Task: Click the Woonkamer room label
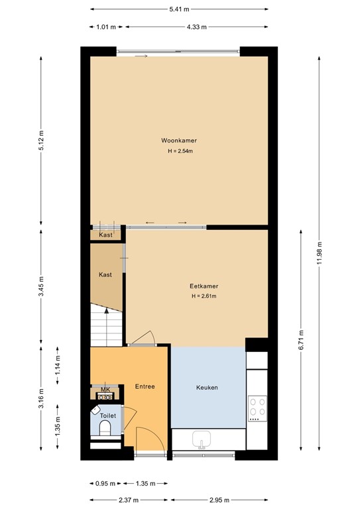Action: [x=179, y=141]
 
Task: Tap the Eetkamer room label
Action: [x=204, y=286]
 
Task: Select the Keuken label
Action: [x=207, y=388]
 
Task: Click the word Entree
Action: [x=145, y=386]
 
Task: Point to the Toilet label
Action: [x=108, y=416]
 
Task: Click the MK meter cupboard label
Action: [x=105, y=390]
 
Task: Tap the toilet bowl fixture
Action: [x=105, y=428]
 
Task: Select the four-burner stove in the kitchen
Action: [x=257, y=409]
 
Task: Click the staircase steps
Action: [x=105, y=328]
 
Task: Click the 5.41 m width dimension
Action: [x=179, y=9]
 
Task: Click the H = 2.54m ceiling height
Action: [x=179, y=151]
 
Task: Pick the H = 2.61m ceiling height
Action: [x=204, y=296]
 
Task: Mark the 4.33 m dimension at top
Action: [x=197, y=27]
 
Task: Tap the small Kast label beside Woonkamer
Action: [x=105, y=235]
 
